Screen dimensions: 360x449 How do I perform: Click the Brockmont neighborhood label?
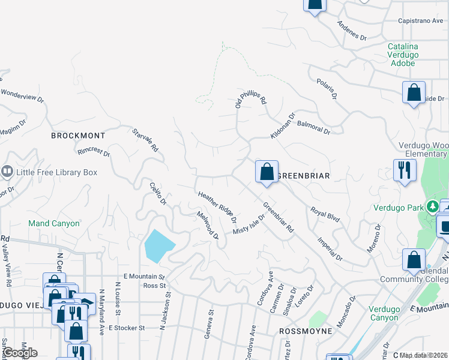pyautogui.click(x=78, y=136)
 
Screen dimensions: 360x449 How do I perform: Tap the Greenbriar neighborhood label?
pyautogui.click(x=305, y=176)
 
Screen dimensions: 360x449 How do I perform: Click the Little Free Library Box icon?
pyautogui.click(x=7, y=172)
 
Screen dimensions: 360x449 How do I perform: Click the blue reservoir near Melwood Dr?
pyautogui.click(x=158, y=245)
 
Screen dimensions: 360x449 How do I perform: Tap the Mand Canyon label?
pyautogui.click(x=53, y=223)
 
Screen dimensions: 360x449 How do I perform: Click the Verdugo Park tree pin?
pyautogui.click(x=432, y=208)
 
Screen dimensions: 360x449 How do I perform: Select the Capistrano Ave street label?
pyautogui.click(x=421, y=20)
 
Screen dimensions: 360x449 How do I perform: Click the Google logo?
pyautogui.click(x=20, y=353)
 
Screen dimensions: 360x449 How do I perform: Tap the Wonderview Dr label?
pyautogui.click(x=23, y=97)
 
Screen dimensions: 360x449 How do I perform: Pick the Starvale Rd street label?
pyautogui.click(x=146, y=139)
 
